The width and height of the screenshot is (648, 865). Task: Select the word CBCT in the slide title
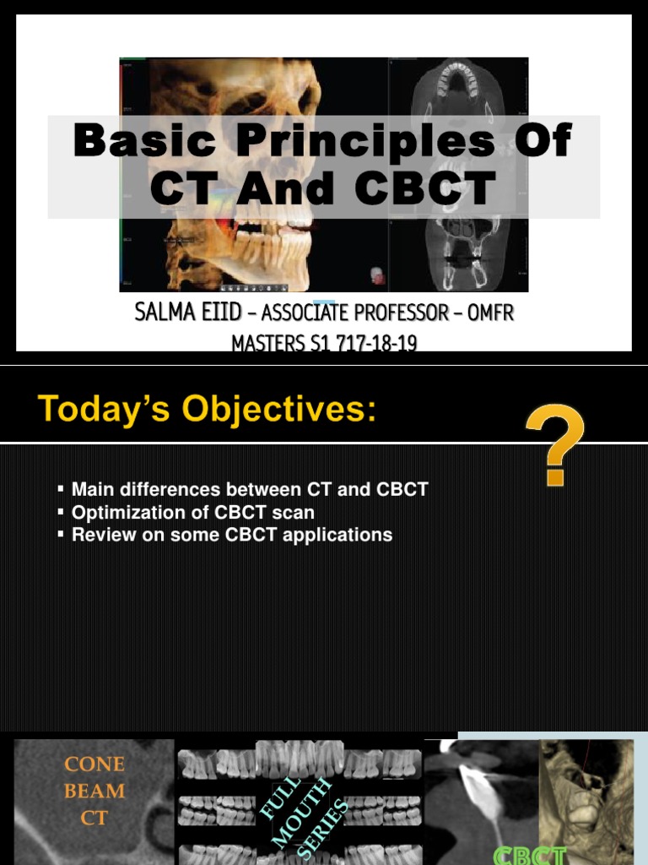click(x=424, y=188)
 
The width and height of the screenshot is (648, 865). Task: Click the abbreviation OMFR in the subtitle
click(x=489, y=313)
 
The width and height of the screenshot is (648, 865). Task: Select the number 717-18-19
click(x=371, y=344)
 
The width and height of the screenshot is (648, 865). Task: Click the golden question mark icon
click(x=555, y=445)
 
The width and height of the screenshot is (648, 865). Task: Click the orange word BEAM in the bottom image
click(x=94, y=792)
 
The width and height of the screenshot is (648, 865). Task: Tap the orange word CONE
click(x=94, y=764)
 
